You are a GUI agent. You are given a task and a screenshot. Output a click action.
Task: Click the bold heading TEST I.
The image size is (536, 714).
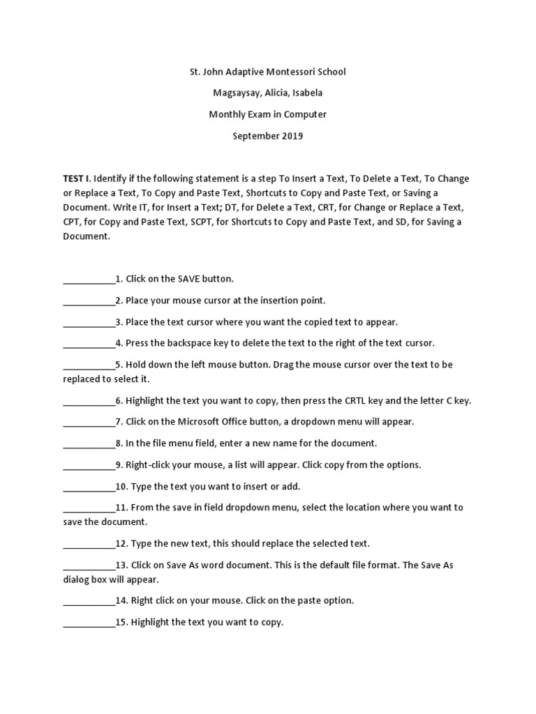77,178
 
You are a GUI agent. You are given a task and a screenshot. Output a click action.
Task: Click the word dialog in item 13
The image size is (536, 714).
76,579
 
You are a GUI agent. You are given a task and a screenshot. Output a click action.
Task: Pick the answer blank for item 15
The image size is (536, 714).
89,623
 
